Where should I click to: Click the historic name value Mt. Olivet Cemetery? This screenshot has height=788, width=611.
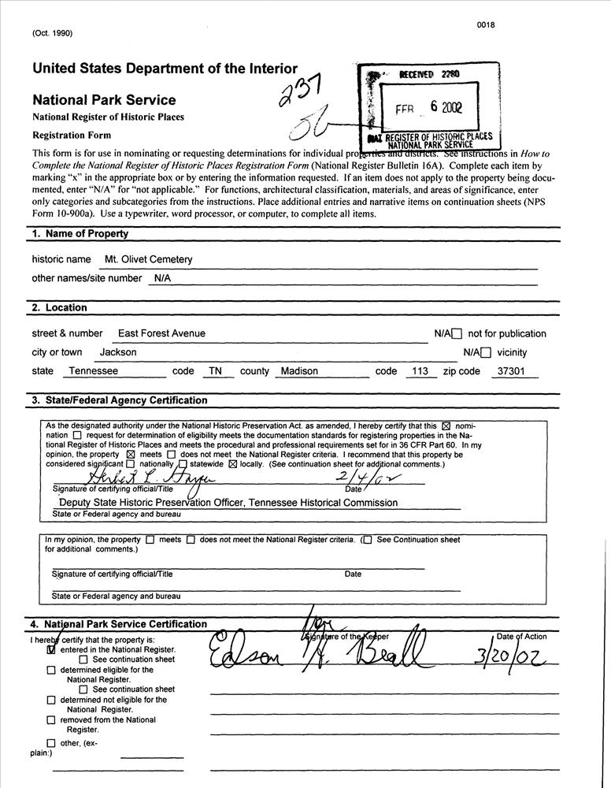(x=148, y=259)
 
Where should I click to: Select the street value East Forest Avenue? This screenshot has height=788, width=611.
(x=161, y=333)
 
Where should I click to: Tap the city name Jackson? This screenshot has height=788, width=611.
(x=118, y=352)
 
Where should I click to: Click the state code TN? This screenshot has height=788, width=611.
(x=214, y=371)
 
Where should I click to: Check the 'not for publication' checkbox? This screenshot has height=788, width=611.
(x=457, y=334)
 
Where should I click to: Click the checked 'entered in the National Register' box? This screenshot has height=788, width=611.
(x=52, y=650)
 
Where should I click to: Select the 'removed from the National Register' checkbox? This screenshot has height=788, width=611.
(x=52, y=720)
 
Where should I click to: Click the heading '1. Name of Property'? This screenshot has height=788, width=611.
(x=80, y=234)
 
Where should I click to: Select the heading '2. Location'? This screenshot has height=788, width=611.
(x=59, y=308)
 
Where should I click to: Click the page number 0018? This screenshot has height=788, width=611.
(x=485, y=25)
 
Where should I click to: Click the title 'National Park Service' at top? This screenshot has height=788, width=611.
(x=104, y=100)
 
